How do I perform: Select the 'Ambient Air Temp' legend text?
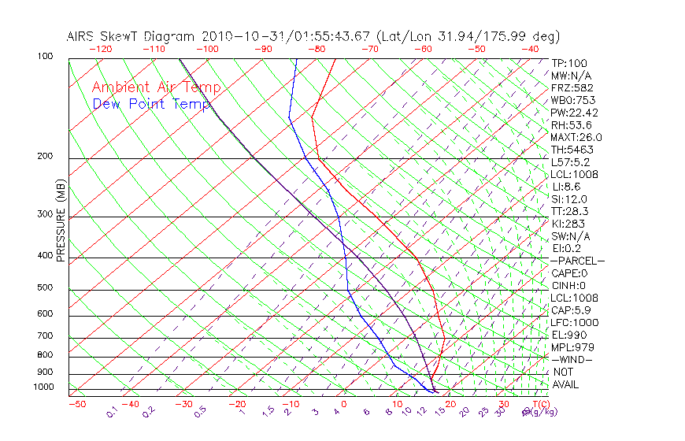tap(157, 87)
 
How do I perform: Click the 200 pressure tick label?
tap(46, 157)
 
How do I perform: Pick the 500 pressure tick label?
tap(46, 288)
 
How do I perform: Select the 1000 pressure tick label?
tap(43, 387)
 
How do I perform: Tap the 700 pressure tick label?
tap(46, 336)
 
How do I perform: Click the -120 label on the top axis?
tap(100, 49)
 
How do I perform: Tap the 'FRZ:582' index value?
tap(572, 87)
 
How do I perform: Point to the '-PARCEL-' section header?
tap(577, 261)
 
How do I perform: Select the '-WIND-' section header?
tap(571, 359)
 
